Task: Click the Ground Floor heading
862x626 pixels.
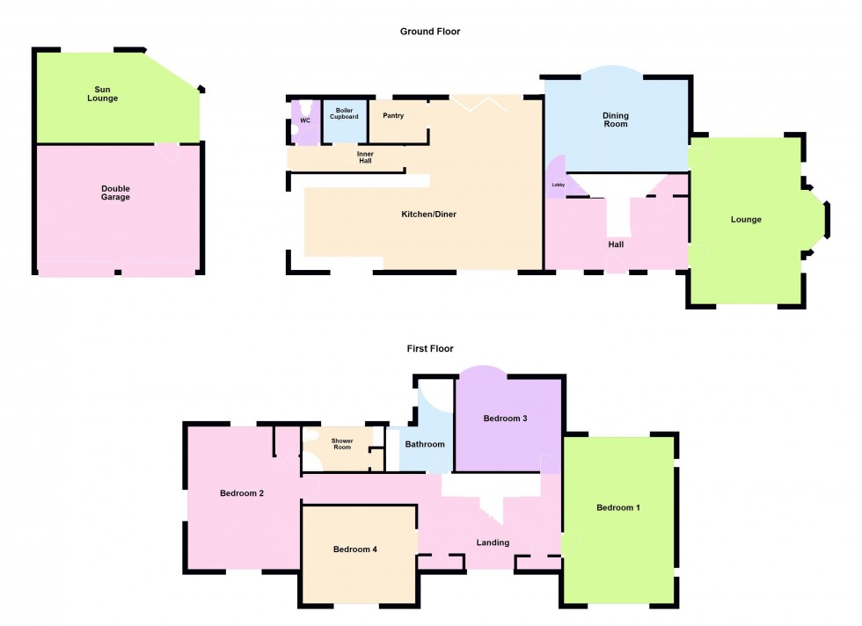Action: tap(430, 32)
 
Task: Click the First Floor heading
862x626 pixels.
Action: tap(430, 349)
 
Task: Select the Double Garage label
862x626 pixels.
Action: tap(115, 193)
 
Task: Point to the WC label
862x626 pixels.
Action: tap(305, 120)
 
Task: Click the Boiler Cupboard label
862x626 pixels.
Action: tap(344, 113)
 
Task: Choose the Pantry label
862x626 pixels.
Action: tap(393, 115)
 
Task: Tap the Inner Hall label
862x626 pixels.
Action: tap(365, 158)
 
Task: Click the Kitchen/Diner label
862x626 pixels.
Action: tap(429, 215)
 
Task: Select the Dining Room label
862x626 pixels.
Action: tap(616, 120)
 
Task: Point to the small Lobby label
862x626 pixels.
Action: tap(558, 186)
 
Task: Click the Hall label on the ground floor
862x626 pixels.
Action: tap(616, 244)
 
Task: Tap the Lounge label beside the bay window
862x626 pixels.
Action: tap(746, 220)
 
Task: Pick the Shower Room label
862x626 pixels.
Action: tap(342, 444)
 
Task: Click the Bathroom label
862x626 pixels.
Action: tap(425, 444)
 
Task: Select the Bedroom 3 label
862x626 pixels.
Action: tap(506, 419)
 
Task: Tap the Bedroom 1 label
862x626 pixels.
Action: tap(618, 508)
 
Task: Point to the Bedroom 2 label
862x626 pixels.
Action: tap(242, 493)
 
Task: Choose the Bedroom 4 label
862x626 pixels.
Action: tap(355, 550)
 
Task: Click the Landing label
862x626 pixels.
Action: tap(493, 542)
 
